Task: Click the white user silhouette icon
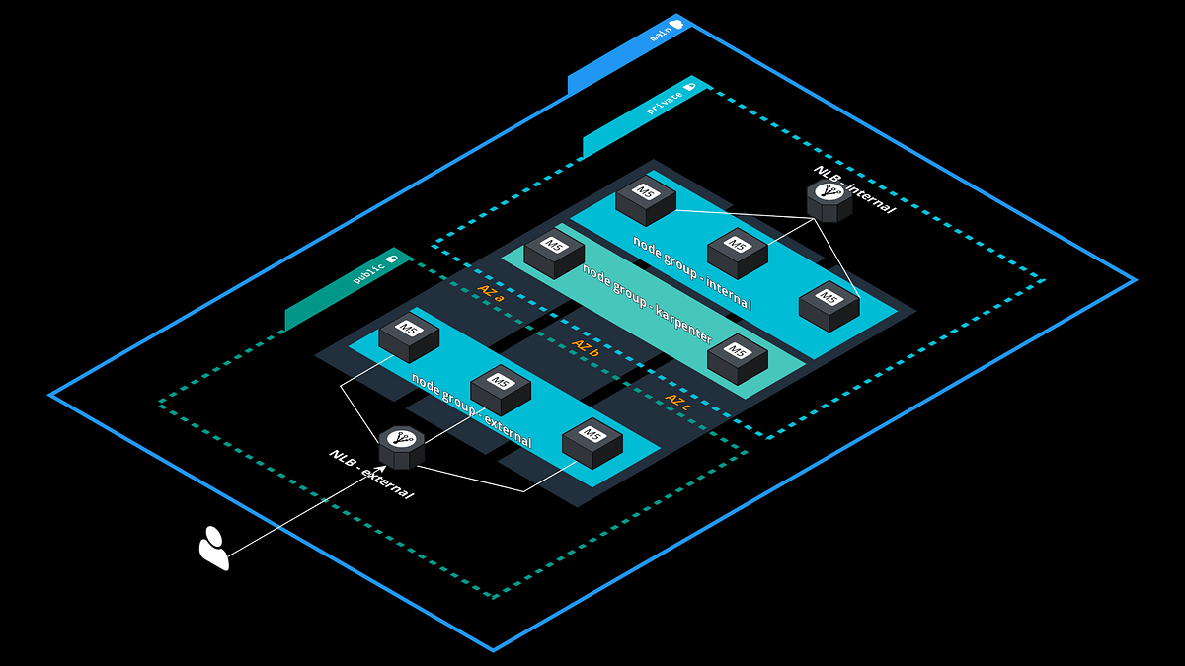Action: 214,549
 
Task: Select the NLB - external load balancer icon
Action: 401,448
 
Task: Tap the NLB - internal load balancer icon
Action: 829,200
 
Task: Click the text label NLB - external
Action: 371,475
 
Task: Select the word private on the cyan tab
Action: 664,101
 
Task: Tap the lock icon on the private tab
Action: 689,86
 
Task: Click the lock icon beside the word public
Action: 392,258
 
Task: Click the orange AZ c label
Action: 677,401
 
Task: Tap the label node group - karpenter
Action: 647,304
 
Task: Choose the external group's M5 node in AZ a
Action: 408,334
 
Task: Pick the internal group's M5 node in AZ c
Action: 829,305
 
